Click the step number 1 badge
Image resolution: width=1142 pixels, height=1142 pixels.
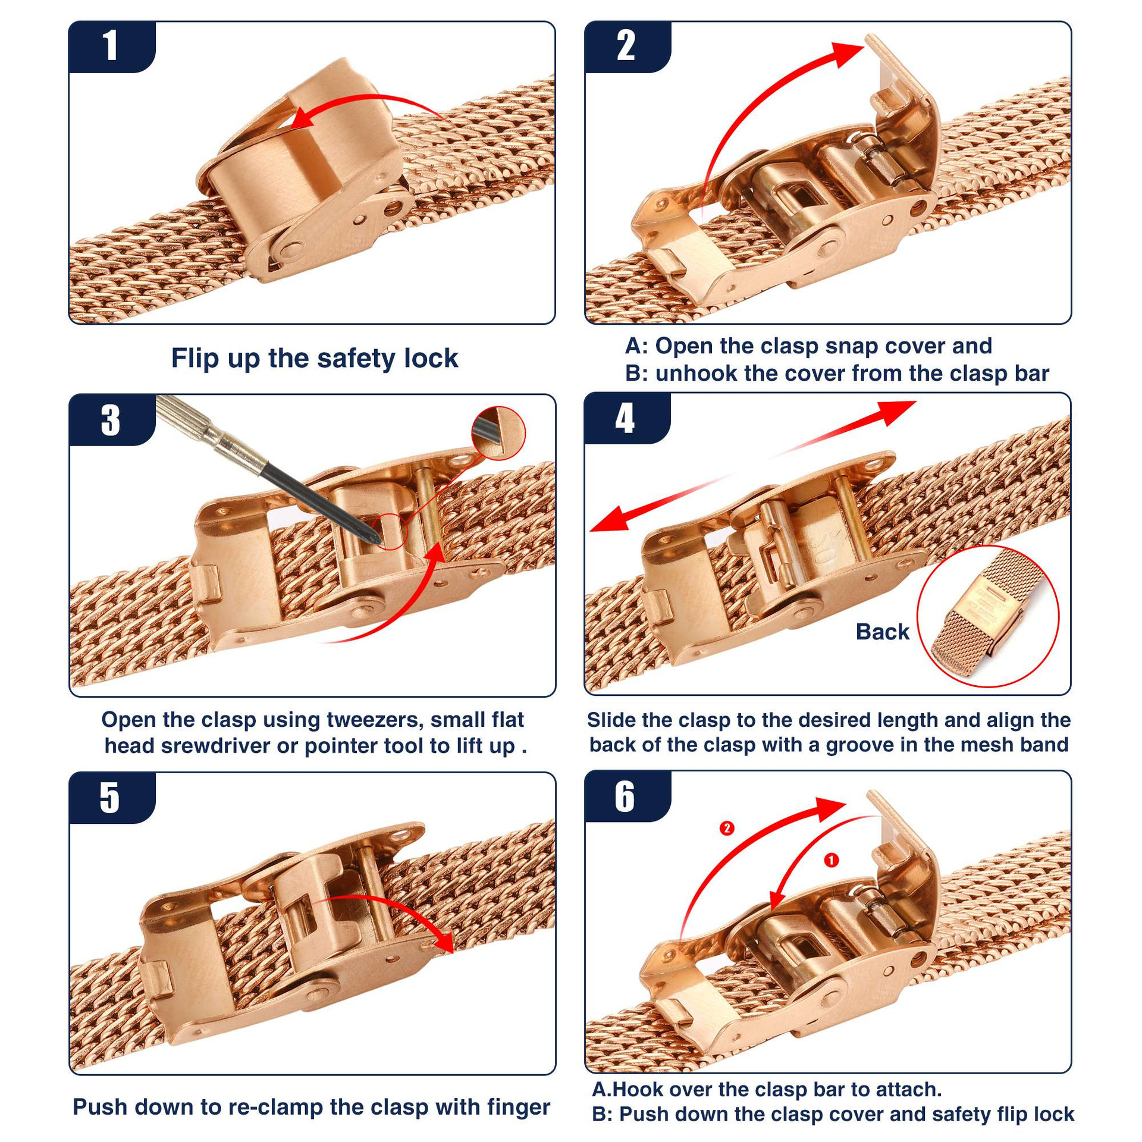[112, 46]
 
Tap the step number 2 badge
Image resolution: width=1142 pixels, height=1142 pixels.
[627, 46]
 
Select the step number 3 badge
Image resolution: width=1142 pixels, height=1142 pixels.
[112, 420]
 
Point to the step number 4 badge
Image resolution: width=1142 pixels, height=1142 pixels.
[627, 418]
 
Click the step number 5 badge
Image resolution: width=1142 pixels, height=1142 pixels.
[112, 798]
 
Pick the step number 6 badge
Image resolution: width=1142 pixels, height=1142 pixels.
[627, 796]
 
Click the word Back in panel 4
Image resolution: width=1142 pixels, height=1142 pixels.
[882, 632]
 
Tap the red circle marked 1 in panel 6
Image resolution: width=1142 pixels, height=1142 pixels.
[831, 860]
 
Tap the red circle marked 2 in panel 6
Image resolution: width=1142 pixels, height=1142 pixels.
[727, 828]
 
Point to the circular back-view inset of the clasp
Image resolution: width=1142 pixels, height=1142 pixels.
[988, 616]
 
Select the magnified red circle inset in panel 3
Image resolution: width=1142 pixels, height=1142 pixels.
[498, 433]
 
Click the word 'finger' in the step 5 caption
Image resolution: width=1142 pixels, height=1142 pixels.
[519, 1107]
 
